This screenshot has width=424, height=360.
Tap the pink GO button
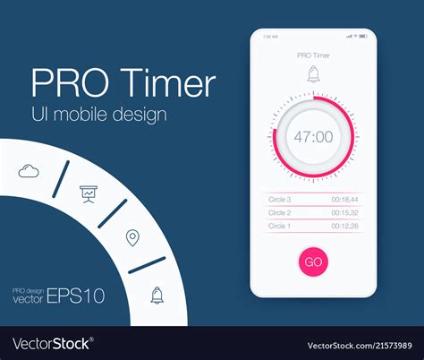coord(313,261)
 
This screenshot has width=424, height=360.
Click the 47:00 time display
coord(313,137)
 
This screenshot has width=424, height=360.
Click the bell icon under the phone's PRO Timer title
coord(313,75)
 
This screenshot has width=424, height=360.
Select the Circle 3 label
coord(280,199)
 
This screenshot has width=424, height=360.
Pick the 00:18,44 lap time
coord(344,199)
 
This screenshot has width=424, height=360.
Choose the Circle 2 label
coord(280,212)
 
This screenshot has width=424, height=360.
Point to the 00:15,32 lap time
coord(344,212)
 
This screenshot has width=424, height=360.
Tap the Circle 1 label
coord(280,226)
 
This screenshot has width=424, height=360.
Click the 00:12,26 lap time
coord(344,226)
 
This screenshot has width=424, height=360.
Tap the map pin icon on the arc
coord(132,237)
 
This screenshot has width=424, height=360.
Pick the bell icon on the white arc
coord(157,294)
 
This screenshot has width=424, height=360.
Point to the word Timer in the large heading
coord(164,84)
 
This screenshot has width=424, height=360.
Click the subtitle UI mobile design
coord(98,116)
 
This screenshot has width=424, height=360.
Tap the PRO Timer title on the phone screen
coord(313,56)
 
